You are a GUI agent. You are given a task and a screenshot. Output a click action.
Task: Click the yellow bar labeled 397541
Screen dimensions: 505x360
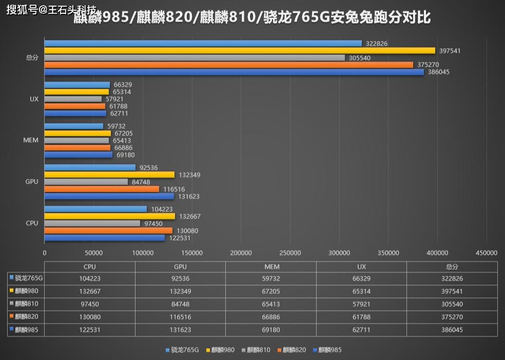click(240, 50)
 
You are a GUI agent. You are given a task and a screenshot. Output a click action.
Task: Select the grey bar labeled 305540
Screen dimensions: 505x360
click(195, 58)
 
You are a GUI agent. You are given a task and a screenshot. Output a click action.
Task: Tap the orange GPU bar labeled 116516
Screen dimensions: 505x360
click(102, 189)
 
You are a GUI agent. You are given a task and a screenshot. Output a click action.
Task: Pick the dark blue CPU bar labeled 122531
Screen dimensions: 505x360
click(105, 238)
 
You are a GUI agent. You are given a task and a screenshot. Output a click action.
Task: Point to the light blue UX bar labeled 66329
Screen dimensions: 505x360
click(77, 85)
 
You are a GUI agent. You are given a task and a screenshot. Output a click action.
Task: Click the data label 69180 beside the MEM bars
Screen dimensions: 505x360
click(126, 155)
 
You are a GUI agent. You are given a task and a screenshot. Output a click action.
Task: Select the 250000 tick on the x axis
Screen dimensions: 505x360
click(290, 253)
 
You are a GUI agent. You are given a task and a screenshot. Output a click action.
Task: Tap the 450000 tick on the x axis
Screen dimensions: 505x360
click(487, 253)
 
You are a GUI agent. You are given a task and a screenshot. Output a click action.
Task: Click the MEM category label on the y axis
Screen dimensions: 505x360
click(31, 141)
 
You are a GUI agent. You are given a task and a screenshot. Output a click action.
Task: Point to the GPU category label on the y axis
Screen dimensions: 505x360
click(32, 182)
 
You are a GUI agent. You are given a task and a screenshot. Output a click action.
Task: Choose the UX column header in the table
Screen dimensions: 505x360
click(361, 267)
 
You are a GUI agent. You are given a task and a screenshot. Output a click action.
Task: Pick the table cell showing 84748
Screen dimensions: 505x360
click(180, 304)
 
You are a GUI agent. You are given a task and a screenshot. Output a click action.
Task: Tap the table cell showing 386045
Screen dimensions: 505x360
click(452, 330)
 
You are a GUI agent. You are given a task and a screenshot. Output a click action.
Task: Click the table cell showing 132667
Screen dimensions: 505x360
click(90, 291)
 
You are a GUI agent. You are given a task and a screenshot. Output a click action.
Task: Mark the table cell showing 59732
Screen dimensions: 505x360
click(271, 278)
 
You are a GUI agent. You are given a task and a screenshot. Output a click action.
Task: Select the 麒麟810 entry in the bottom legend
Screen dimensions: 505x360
click(256, 350)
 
